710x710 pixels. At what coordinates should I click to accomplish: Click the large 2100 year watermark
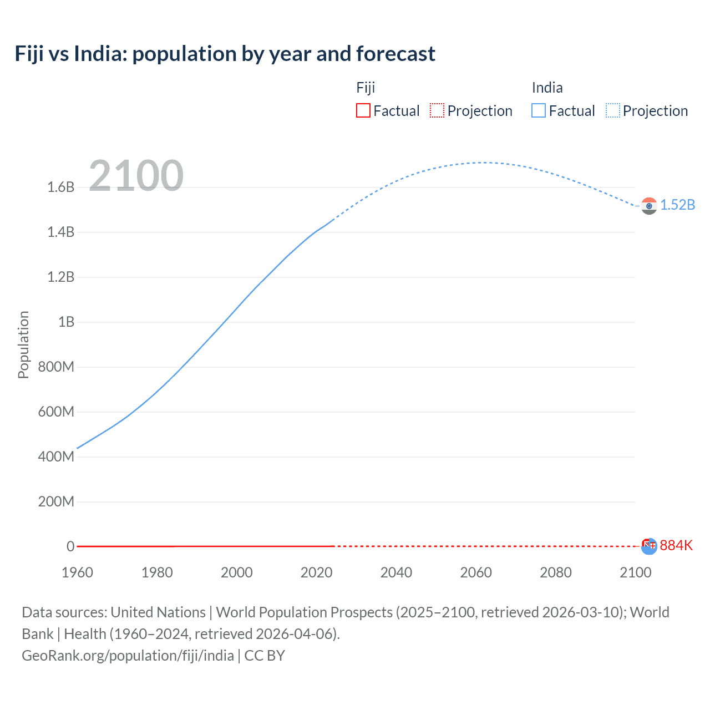click(x=136, y=175)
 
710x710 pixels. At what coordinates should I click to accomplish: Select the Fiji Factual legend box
click(x=363, y=110)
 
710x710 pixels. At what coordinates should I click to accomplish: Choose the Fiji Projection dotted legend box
click(x=437, y=110)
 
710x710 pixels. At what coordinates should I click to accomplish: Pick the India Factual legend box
click(x=538, y=110)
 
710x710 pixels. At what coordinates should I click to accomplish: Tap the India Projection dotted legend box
click(x=613, y=110)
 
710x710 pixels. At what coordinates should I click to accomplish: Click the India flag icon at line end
click(x=649, y=206)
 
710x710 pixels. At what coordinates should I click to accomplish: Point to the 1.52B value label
click(x=677, y=205)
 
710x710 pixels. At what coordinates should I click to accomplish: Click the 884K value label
click(x=676, y=545)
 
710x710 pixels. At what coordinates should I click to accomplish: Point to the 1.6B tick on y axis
click(x=61, y=187)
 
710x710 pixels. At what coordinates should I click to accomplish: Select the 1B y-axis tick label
click(x=66, y=322)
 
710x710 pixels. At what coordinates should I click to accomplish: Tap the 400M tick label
click(x=56, y=457)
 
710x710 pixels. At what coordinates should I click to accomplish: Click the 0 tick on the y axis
click(x=70, y=546)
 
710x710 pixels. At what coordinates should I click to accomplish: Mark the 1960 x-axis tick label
click(x=77, y=572)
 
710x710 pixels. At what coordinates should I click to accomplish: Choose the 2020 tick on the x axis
click(x=316, y=572)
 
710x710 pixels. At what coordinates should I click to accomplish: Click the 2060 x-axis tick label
click(x=476, y=572)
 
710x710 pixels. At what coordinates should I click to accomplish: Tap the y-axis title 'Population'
click(x=23, y=344)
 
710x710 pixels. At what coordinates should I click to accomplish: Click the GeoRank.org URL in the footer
click(x=128, y=655)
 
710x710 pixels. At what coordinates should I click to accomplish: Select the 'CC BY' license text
click(x=265, y=655)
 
